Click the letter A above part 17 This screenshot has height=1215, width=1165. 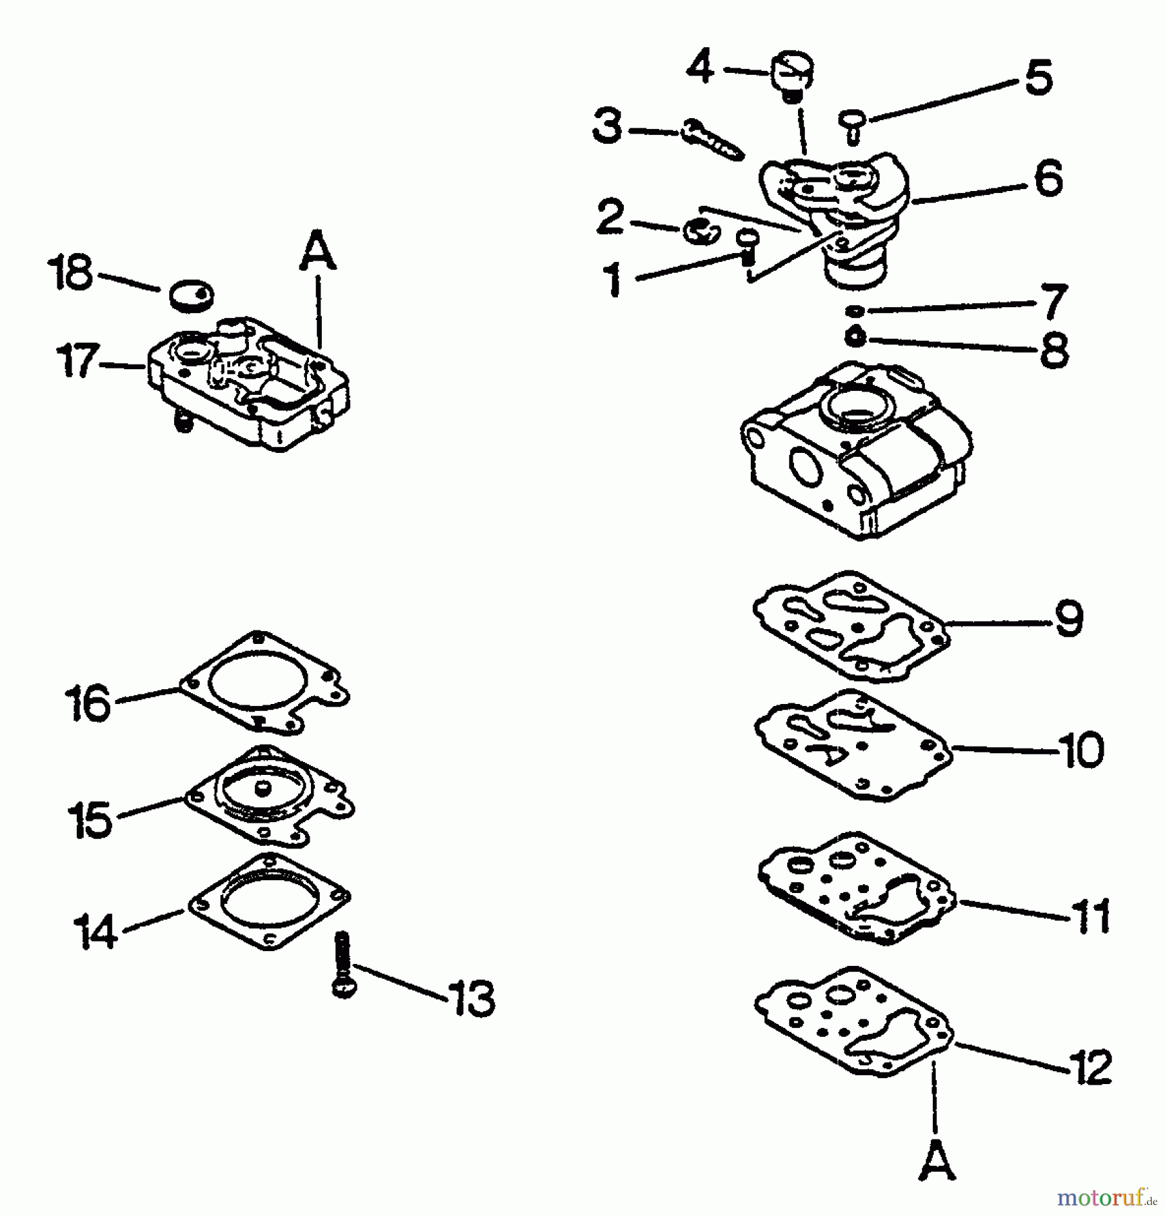coord(317,250)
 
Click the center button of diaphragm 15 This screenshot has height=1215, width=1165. coord(262,787)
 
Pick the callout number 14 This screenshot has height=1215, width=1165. coord(95,932)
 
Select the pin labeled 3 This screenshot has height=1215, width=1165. coord(712,139)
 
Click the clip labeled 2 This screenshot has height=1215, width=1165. coord(700,232)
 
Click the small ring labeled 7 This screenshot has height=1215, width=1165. coord(855,310)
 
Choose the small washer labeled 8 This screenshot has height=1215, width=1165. coord(855,335)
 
